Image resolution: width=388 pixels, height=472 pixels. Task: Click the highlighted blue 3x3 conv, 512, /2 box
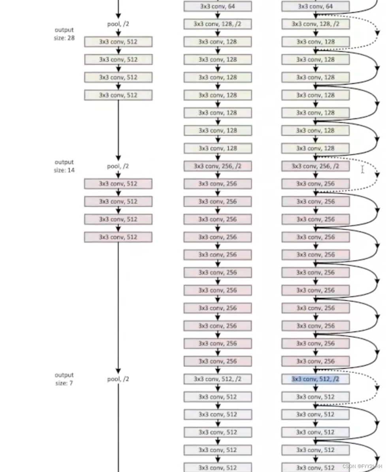pos(315,379)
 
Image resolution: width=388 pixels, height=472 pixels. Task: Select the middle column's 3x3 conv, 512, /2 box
pos(218,379)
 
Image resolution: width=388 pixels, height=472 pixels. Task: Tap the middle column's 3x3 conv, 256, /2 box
pos(218,166)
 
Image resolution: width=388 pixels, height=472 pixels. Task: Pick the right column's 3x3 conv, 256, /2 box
pos(315,166)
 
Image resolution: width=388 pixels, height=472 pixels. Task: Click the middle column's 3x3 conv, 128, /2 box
pos(218,24)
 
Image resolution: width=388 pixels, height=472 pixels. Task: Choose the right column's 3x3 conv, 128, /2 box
pos(315,24)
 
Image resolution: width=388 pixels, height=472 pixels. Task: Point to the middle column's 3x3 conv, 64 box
pos(218,6)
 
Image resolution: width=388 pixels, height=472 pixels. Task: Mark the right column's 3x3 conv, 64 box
pos(315,6)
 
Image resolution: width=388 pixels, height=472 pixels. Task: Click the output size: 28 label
pos(64,34)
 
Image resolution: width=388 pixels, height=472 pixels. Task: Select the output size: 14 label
pos(64,166)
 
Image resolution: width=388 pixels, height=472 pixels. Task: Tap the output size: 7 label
pos(64,379)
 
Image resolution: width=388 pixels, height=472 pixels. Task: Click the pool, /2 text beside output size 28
pos(118,24)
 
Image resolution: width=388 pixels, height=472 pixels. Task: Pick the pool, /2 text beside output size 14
pos(118,166)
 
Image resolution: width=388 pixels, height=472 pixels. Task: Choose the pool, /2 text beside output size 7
pos(118,379)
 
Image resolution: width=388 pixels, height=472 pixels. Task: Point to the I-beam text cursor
pos(362,169)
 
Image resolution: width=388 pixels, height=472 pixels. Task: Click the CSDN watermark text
pos(362,466)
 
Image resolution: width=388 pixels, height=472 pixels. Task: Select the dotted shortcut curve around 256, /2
pos(377,175)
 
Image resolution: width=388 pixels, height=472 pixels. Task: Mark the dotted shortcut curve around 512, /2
pos(377,388)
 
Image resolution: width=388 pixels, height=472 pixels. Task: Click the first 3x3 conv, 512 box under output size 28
pos(118,42)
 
